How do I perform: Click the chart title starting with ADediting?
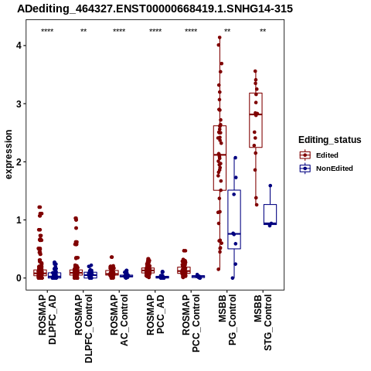pos(155,9)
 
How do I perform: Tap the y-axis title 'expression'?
pos(9,155)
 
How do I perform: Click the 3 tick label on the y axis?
pos(19,104)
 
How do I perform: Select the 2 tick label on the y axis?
pos(19,162)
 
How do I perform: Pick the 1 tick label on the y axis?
pos(19,220)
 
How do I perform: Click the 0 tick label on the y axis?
pos(19,278)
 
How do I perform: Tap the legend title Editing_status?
pos(329,140)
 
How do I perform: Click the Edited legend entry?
pos(318,155)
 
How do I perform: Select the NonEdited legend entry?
pos(326,168)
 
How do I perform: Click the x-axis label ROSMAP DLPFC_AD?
pos(47,319)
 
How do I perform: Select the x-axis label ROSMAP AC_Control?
pos(119,320)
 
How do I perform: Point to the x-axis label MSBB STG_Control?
pos(263,322)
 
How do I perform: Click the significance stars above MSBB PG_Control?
pos(227,31)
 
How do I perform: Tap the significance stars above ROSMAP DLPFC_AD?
pos(47,31)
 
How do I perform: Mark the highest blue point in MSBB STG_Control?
pos(271,185)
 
